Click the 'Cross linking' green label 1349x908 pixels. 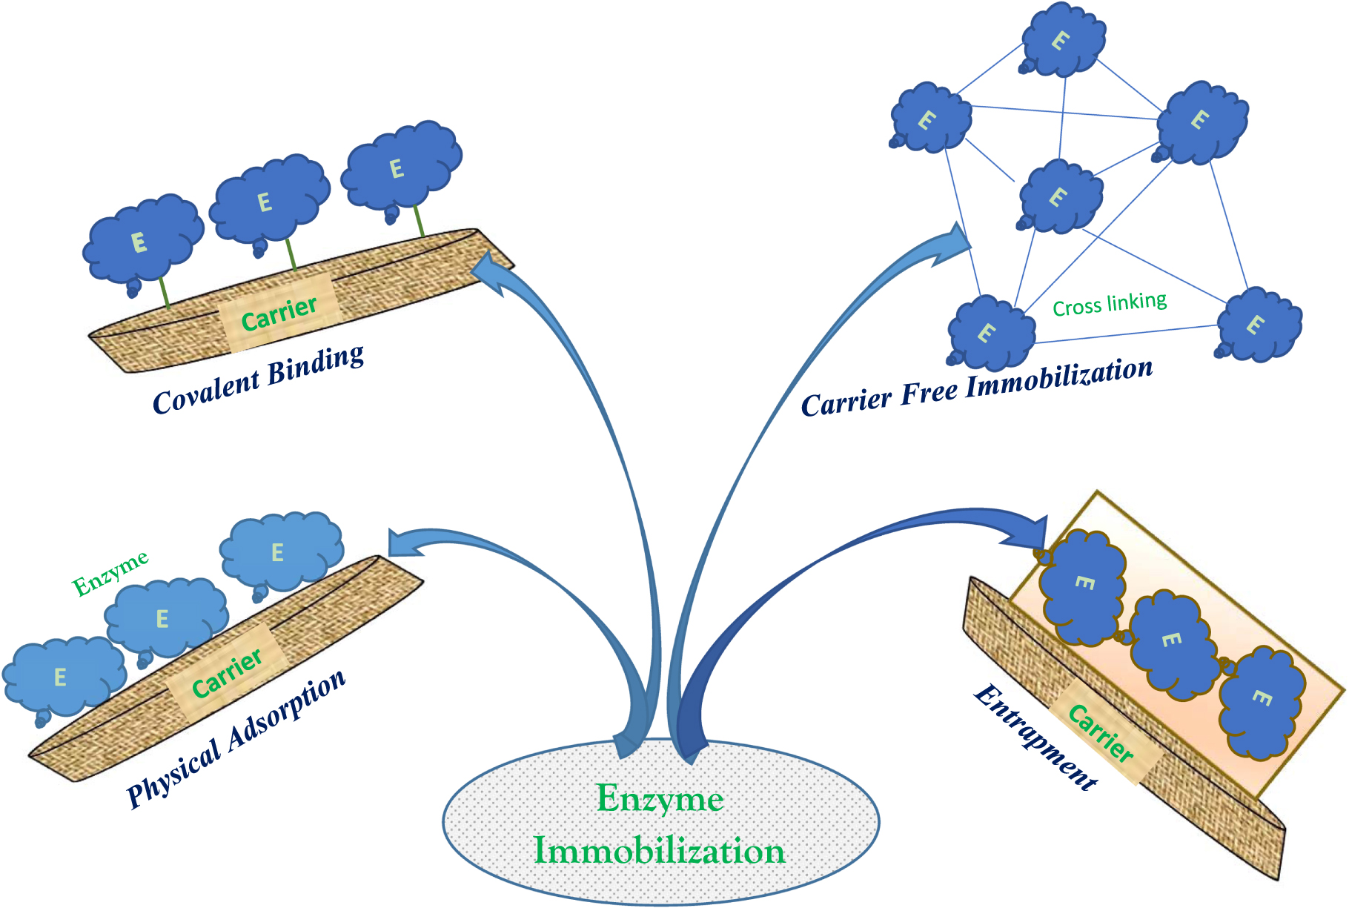(x=1110, y=304)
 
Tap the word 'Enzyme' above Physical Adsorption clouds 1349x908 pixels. (x=110, y=573)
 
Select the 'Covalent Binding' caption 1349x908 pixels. (x=259, y=380)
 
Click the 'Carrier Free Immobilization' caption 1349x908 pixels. (x=977, y=388)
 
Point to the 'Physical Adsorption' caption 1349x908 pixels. (x=236, y=738)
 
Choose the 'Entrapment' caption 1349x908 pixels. (x=1035, y=738)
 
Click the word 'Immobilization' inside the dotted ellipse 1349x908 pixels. (x=659, y=851)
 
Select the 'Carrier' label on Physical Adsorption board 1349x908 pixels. (x=226, y=672)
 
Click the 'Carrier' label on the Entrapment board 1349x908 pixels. (x=1101, y=734)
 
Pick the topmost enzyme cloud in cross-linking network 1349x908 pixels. (x=1063, y=41)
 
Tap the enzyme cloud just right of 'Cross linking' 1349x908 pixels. (x=1258, y=325)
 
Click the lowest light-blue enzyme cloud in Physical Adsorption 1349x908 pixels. (x=62, y=676)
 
